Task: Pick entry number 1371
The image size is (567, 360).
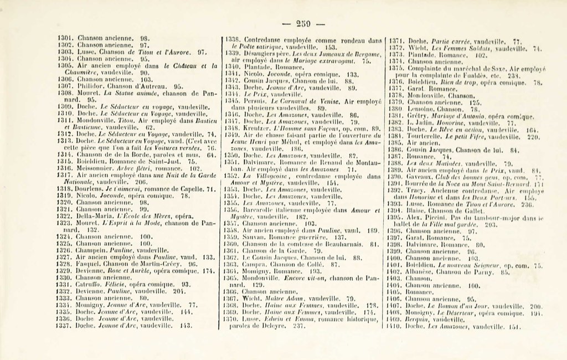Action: [395, 41]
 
